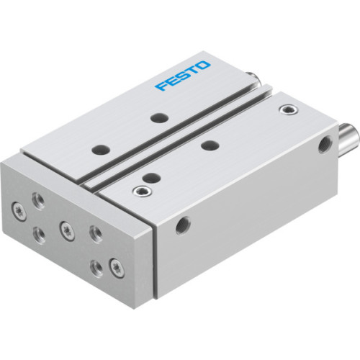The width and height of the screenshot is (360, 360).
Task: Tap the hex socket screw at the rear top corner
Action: pyautogui.click(x=289, y=109)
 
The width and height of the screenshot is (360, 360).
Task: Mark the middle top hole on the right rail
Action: pyautogui.click(x=210, y=146)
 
